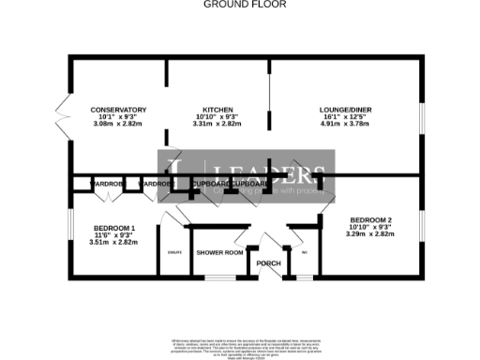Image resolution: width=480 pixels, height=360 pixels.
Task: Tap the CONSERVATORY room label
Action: pos(118,110)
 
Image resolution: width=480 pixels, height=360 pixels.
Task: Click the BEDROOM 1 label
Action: pos(115,229)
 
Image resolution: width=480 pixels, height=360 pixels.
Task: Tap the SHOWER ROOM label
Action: pos(219,253)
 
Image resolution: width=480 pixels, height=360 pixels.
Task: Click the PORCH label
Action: pos(268,262)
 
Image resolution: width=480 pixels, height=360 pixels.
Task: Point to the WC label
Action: pos(304,251)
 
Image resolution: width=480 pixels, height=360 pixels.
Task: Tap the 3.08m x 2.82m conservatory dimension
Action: pos(118,123)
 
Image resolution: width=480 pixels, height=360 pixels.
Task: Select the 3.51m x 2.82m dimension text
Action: pos(115,242)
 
